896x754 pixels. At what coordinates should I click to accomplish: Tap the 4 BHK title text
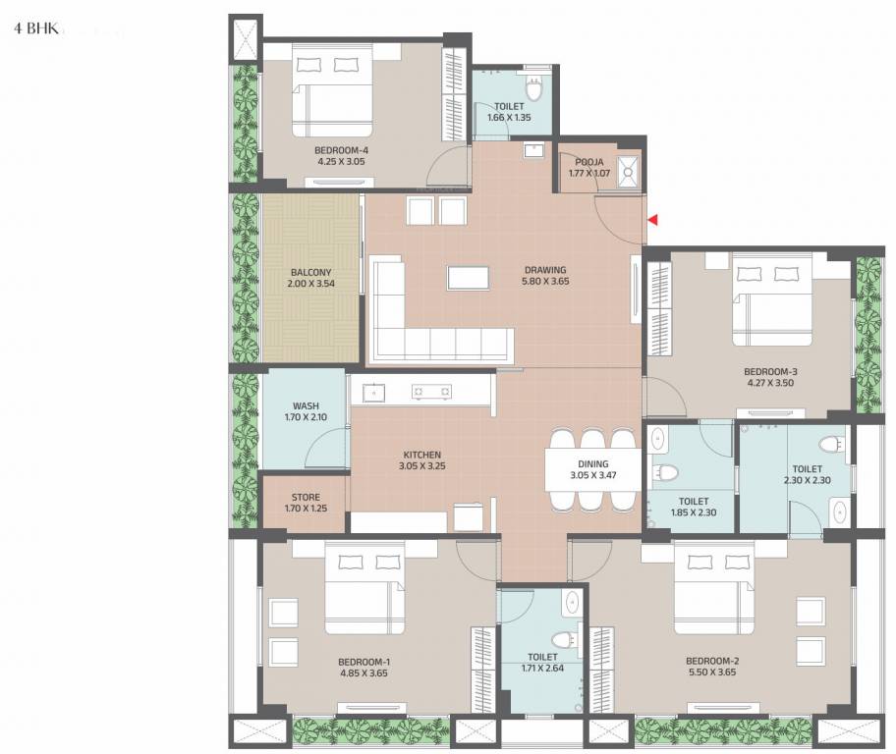point(32,29)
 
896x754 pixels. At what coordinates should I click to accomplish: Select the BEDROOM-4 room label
point(314,150)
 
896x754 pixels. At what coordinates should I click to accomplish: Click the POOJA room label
point(588,162)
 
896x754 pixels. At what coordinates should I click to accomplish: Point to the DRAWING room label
point(546,269)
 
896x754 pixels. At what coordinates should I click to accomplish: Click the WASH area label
point(305,405)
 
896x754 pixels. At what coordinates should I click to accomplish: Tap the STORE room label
point(305,497)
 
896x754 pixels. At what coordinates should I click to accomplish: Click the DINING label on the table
point(592,464)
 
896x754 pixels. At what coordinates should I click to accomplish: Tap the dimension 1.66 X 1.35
point(509,118)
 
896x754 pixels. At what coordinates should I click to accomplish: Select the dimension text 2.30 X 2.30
point(807,481)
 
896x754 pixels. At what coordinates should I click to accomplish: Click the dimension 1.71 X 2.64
point(542,669)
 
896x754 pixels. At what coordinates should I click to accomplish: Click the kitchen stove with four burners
point(432,392)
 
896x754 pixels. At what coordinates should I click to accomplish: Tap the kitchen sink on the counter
point(375,392)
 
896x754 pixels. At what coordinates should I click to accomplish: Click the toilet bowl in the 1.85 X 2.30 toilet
point(667,472)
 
